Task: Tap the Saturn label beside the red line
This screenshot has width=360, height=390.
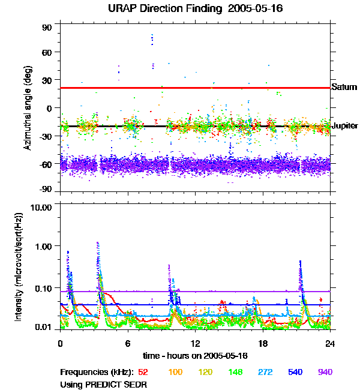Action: point(344,87)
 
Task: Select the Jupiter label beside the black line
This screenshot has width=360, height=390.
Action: point(345,126)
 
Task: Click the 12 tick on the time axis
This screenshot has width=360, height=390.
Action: point(196,344)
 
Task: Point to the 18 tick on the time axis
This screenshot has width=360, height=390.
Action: point(263,344)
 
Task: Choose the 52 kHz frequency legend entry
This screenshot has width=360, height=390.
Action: point(143,372)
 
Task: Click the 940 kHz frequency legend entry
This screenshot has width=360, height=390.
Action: point(325,372)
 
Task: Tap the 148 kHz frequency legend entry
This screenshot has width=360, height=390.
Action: point(235,372)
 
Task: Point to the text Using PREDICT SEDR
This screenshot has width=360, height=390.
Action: point(103,383)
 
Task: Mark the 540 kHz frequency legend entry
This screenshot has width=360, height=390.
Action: point(295,372)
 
